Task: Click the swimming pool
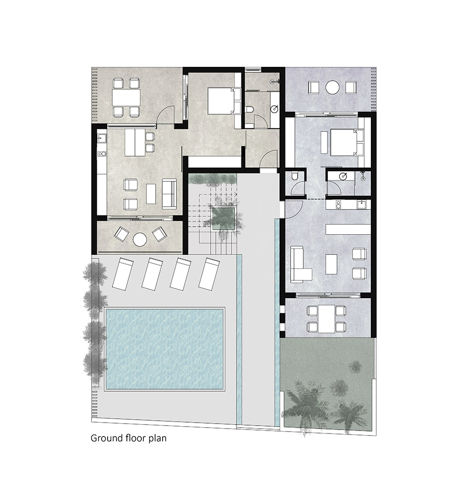(x=165, y=349)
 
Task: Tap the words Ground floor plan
(x=128, y=438)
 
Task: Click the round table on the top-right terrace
(x=332, y=87)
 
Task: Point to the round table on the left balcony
(x=139, y=239)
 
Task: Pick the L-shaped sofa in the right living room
(x=300, y=264)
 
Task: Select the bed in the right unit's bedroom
(x=346, y=142)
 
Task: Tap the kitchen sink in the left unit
(x=102, y=138)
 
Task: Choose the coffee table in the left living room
(x=151, y=194)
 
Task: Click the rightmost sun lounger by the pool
(x=209, y=274)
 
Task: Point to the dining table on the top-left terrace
(x=126, y=98)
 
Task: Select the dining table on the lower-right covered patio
(x=326, y=318)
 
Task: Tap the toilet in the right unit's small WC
(x=294, y=176)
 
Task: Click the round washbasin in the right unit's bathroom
(x=343, y=177)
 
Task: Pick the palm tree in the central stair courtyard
(x=223, y=217)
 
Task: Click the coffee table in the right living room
(x=331, y=264)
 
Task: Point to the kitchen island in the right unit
(x=348, y=229)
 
